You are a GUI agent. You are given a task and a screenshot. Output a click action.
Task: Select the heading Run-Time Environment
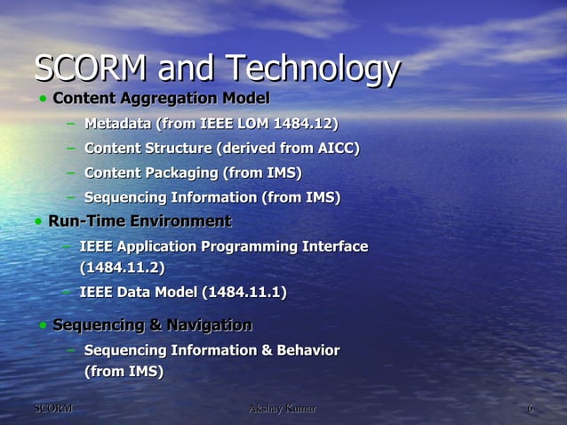click(x=140, y=221)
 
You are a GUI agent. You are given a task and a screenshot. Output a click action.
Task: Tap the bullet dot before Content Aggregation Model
click(x=42, y=98)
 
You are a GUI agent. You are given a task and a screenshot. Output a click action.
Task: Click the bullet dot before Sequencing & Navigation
click(x=42, y=326)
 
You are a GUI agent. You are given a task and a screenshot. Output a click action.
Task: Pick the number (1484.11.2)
click(x=122, y=267)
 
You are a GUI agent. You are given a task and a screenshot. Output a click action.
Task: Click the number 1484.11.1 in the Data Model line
click(x=244, y=293)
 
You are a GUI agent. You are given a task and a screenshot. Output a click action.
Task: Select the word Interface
click(x=333, y=246)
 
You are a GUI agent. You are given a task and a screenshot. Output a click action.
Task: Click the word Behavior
click(x=307, y=350)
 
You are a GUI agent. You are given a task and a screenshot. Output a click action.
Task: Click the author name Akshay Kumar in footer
click(x=283, y=408)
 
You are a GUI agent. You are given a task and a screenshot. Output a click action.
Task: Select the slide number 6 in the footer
click(x=530, y=408)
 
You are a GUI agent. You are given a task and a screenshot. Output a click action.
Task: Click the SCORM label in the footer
click(x=52, y=408)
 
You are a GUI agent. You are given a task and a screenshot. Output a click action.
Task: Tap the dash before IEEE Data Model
click(x=67, y=292)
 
